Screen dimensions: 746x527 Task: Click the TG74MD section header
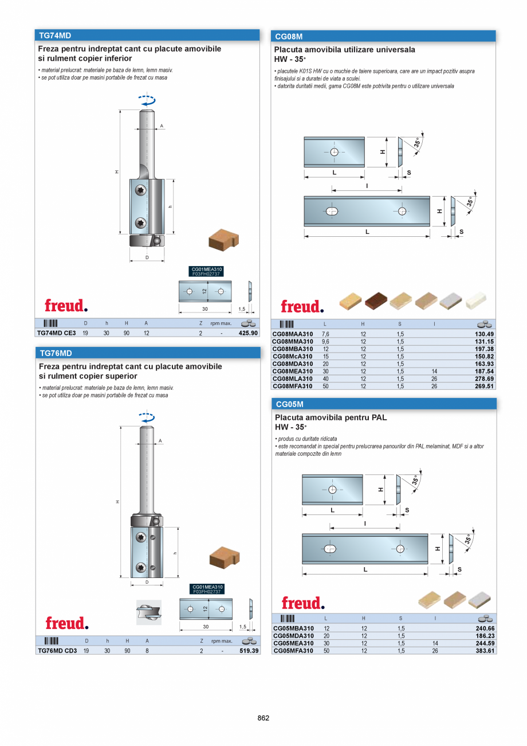(54, 35)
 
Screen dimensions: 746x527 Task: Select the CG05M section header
(289, 404)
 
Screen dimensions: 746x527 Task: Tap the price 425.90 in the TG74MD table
(248, 333)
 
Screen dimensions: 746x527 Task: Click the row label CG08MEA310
(292, 371)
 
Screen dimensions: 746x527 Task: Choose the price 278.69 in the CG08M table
(484, 378)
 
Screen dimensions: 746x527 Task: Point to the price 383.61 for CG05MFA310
(484, 651)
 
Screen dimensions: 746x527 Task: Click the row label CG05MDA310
(293, 636)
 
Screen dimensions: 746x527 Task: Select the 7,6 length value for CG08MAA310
(326, 334)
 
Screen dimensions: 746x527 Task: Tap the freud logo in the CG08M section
(302, 306)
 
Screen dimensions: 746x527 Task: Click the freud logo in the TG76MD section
(67, 623)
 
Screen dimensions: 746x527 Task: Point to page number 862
(263, 718)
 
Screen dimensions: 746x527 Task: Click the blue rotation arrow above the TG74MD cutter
(147, 100)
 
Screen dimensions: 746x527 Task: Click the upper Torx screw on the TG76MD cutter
(141, 537)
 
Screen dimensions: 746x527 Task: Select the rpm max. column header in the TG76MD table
(221, 641)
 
